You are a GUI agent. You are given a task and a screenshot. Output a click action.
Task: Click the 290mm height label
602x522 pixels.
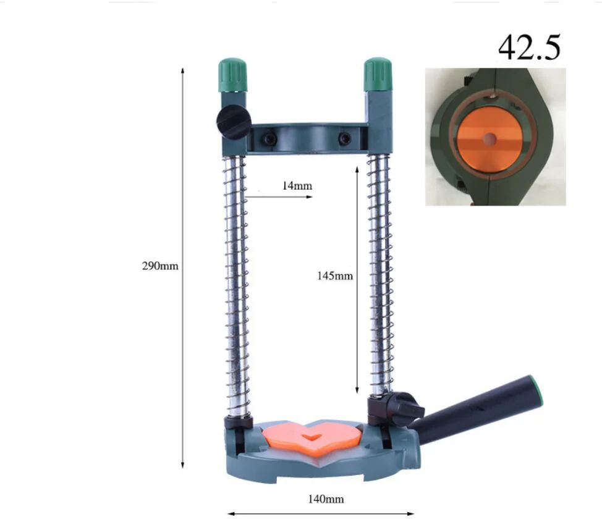[160, 266]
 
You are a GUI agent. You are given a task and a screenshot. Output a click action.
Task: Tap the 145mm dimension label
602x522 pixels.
[335, 276]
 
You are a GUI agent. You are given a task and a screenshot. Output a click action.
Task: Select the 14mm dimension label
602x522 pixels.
[297, 186]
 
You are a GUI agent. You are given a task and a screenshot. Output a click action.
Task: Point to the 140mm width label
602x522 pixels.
[326, 499]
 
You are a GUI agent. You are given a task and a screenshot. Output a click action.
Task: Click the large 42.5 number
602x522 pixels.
[530, 48]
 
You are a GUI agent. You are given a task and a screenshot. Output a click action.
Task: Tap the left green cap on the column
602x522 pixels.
[232, 75]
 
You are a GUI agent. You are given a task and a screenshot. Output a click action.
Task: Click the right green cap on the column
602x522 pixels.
[378, 75]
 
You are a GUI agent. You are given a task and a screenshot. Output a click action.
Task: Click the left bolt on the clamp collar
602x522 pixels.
[268, 138]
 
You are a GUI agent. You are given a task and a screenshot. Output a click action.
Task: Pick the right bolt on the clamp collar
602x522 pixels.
[344, 138]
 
